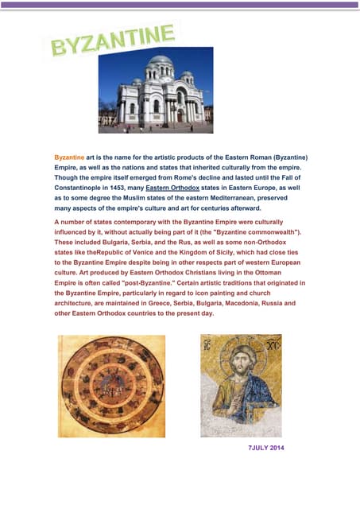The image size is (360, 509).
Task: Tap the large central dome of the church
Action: pyautogui.click(x=160, y=64)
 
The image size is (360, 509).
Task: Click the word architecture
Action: pyautogui.click(x=79, y=303)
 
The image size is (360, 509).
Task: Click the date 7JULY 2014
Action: pyautogui.click(x=266, y=449)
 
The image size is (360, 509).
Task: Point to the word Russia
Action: pyautogui.click(x=277, y=303)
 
